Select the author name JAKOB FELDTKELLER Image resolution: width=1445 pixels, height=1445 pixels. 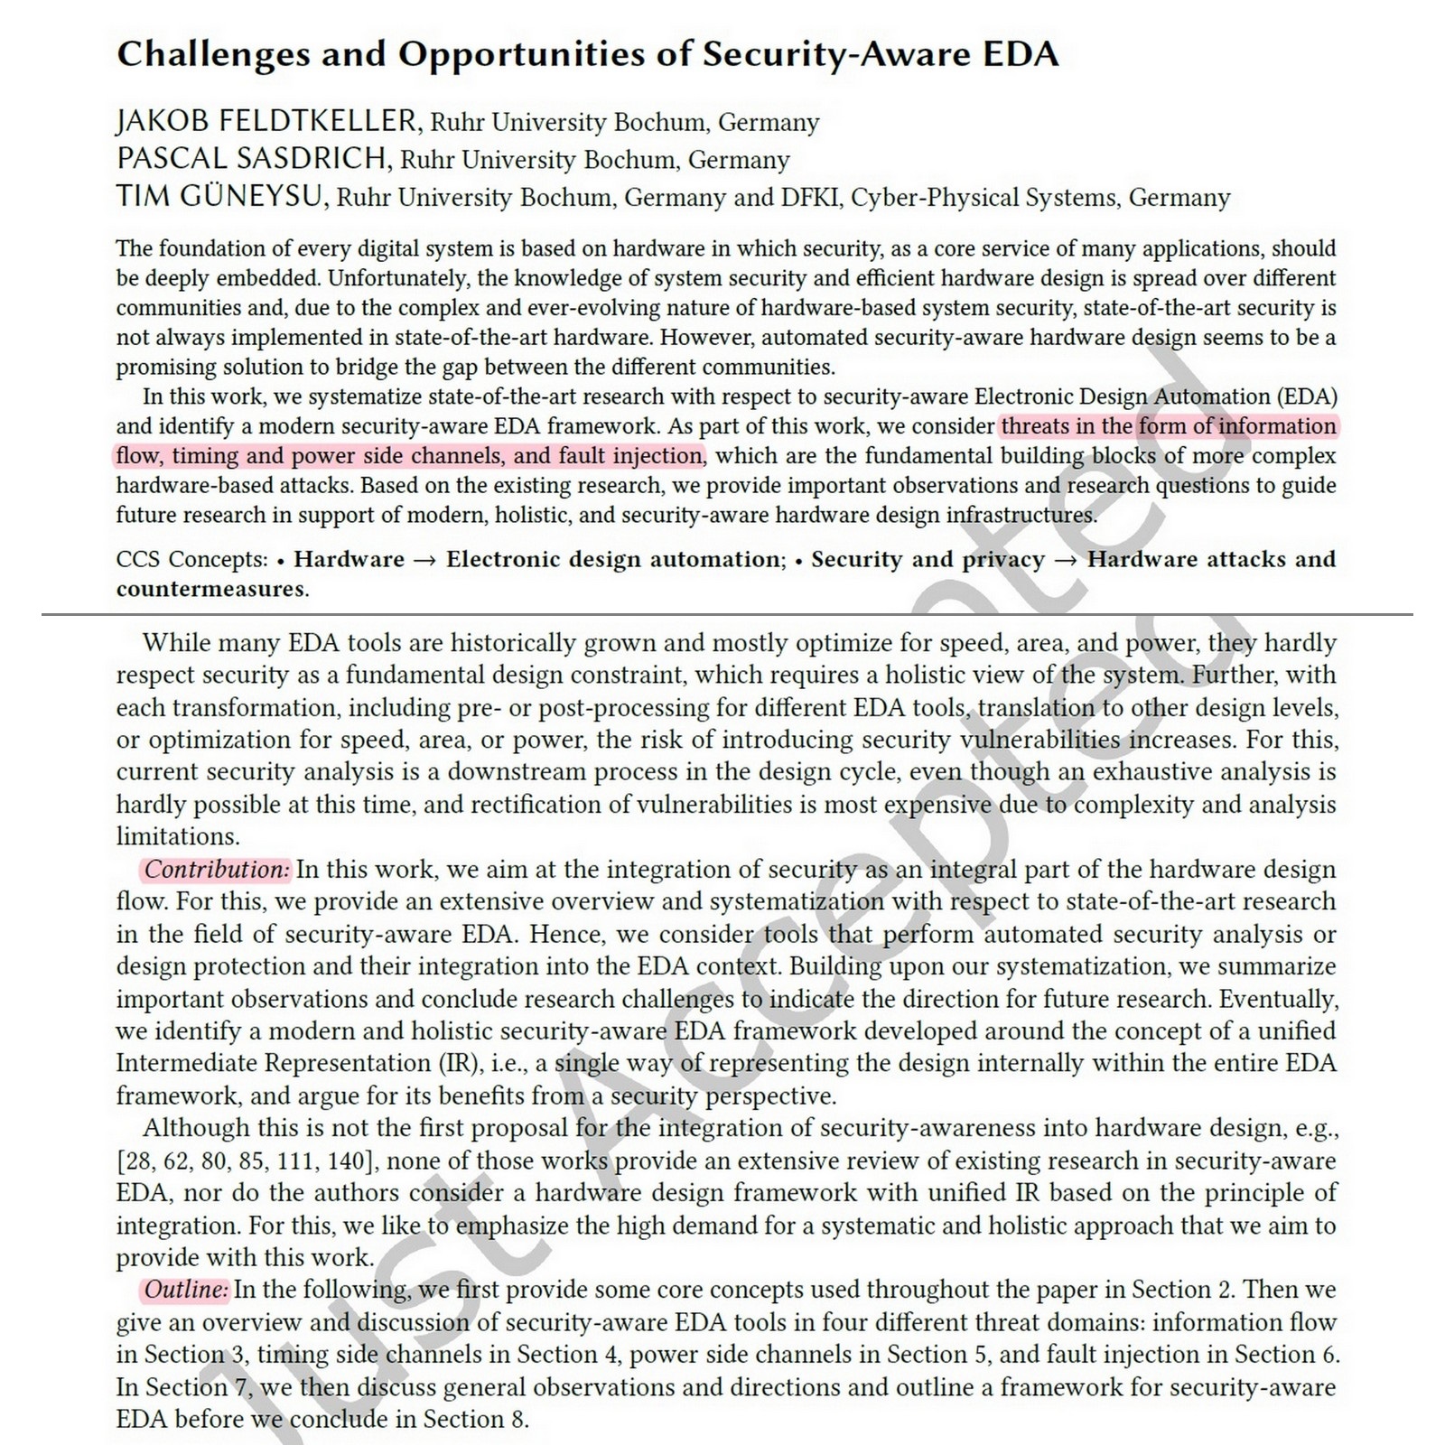(x=267, y=121)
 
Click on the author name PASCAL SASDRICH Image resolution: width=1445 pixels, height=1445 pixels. (x=254, y=159)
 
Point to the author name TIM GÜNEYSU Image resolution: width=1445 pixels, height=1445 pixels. (x=220, y=197)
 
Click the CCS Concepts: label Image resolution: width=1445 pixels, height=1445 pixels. (x=192, y=559)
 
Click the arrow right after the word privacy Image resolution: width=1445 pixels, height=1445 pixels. (x=1066, y=560)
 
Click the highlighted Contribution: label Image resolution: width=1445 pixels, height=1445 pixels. (x=217, y=869)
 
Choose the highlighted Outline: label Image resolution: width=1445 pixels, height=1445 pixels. (x=186, y=1290)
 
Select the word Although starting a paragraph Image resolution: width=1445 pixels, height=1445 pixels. (x=195, y=1128)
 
